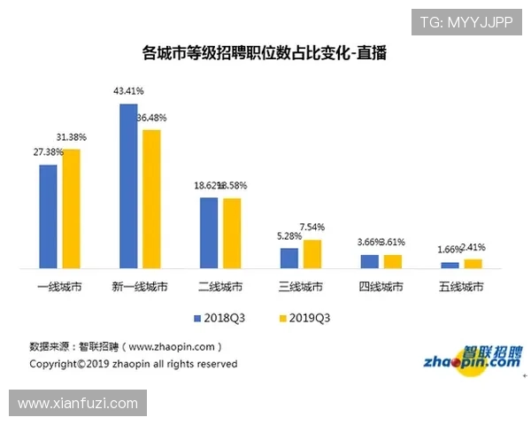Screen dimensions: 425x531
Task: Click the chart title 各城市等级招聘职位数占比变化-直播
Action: click(x=265, y=54)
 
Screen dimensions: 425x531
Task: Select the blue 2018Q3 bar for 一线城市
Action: click(x=48, y=216)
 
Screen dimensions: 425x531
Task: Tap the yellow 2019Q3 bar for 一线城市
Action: click(x=71, y=208)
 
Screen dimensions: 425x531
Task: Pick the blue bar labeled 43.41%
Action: click(x=128, y=186)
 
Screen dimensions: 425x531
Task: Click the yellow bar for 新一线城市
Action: click(x=151, y=199)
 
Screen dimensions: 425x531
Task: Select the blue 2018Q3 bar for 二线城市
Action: click(x=209, y=233)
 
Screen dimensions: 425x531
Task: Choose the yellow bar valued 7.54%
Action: click(x=312, y=254)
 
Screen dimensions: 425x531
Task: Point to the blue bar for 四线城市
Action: click(x=369, y=261)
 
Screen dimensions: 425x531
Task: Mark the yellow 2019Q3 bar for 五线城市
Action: click(x=473, y=263)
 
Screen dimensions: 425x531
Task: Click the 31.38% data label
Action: click(x=71, y=136)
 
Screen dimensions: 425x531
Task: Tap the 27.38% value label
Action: click(x=48, y=152)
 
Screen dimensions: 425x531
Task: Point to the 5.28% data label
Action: click(x=289, y=236)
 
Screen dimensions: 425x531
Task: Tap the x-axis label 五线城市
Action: click(x=461, y=287)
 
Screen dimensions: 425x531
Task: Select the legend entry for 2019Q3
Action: click(x=304, y=316)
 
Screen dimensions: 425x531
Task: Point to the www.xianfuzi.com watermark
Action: click(x=78, y=404)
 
